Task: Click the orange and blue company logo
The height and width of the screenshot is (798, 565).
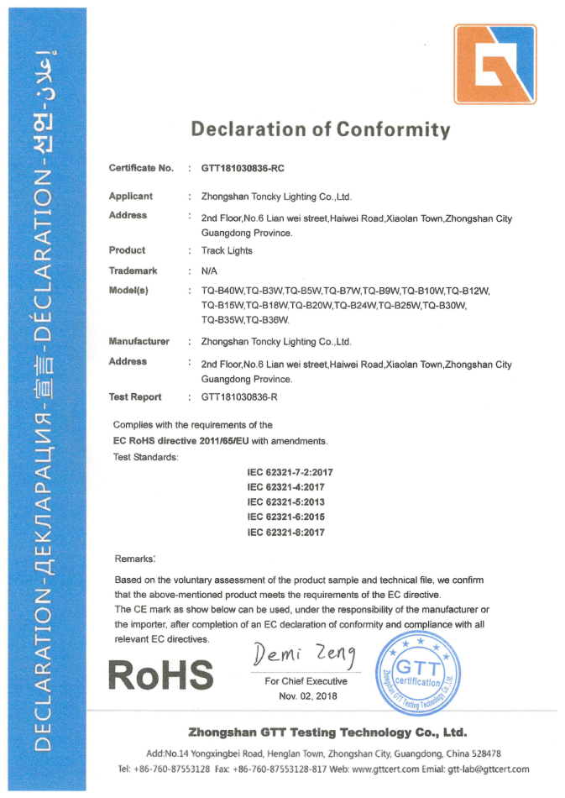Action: point(494,65)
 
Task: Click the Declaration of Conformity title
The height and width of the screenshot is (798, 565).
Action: point(320,129)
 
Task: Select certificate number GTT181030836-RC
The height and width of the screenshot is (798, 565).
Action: point(248,169)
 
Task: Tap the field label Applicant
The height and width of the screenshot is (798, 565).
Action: point(131,197)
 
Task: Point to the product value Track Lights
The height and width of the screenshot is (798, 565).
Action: point(227,250)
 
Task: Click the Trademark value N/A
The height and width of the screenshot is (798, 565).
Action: point(210,270)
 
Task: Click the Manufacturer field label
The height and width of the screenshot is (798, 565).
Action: point(139,342)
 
